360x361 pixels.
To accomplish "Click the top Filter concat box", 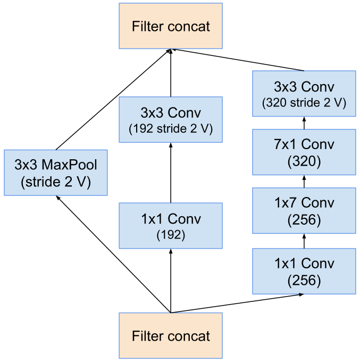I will pos(171,27).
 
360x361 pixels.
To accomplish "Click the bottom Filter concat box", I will pos(171,335).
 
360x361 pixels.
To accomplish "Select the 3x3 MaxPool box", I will pos(56,173).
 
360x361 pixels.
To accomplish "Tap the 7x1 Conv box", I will pos(304,152).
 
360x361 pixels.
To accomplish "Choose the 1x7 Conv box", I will pos(304,211).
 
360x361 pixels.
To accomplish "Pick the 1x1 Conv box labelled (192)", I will pos(171,226).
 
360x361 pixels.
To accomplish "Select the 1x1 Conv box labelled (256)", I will pos(304,271).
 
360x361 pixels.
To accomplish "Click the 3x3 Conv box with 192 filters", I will pos(171,120).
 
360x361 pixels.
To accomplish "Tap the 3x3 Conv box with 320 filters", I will pos(304,94).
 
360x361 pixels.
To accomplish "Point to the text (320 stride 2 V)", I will pos(304,102).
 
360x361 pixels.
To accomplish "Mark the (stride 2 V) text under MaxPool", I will pos(56,182).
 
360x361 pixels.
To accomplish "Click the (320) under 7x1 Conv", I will pos(304,161).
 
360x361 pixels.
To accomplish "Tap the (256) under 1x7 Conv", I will pos(304,220).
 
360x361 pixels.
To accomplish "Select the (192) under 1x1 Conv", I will pos(171,235).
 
